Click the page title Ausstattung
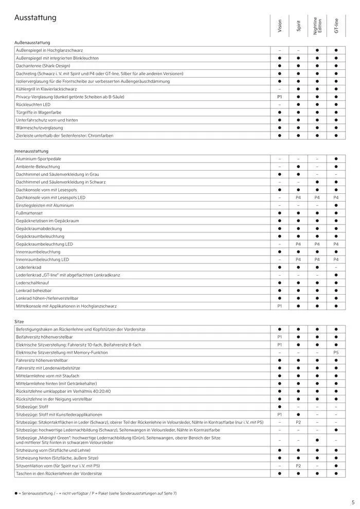tap(35, 19)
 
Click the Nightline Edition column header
tap(317, 26)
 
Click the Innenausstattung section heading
tap(32, 151)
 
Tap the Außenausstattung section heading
tap(33, 42)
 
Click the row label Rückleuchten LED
tap(33, 104)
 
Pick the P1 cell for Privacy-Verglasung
tap(280, 97)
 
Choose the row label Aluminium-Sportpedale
tap(39, 159)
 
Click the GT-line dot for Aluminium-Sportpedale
tap(336, 159)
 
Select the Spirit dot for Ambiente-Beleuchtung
tap(298, 167)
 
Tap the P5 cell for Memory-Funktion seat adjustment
tap(336, 352)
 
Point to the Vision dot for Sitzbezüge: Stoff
tap(280, 407)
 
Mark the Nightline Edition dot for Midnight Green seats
tap(317, 440)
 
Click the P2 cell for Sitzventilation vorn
tap(298, 465)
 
